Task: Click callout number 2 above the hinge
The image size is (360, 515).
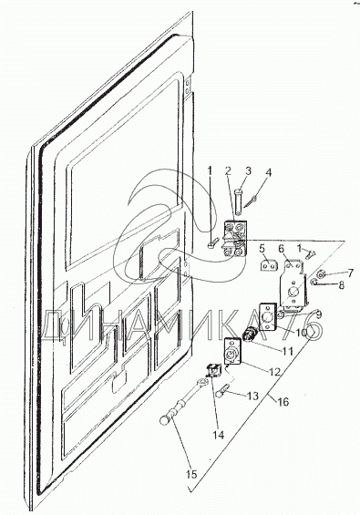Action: pos(228,170)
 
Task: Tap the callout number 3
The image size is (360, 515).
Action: pos(248,170)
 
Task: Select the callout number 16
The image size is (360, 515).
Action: pos(283,402)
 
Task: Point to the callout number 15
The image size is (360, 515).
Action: pos(191,474)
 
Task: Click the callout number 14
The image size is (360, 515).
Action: pos(218,435)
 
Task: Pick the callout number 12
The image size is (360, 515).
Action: pos(274,372)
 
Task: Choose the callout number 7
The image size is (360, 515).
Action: pos(350,273)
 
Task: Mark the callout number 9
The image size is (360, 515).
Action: pos(318,314)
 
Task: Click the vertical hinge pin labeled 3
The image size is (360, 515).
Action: pos(240,200)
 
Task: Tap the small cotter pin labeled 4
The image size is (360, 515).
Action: pos(254,203)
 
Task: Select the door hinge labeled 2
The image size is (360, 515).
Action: pos(235,239)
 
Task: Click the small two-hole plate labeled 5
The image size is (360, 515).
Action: pos(270,265)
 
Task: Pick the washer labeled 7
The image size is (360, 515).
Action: pos(321,274)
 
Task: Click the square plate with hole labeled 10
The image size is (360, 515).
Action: pos(269,316)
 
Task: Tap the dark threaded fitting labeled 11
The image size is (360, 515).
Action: pos(250,336)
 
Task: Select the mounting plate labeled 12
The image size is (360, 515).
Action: pos(232,352)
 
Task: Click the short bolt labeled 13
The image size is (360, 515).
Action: pos(222,391)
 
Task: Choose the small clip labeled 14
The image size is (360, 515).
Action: pos(213,370)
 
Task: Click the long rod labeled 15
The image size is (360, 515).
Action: pos(183,402)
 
